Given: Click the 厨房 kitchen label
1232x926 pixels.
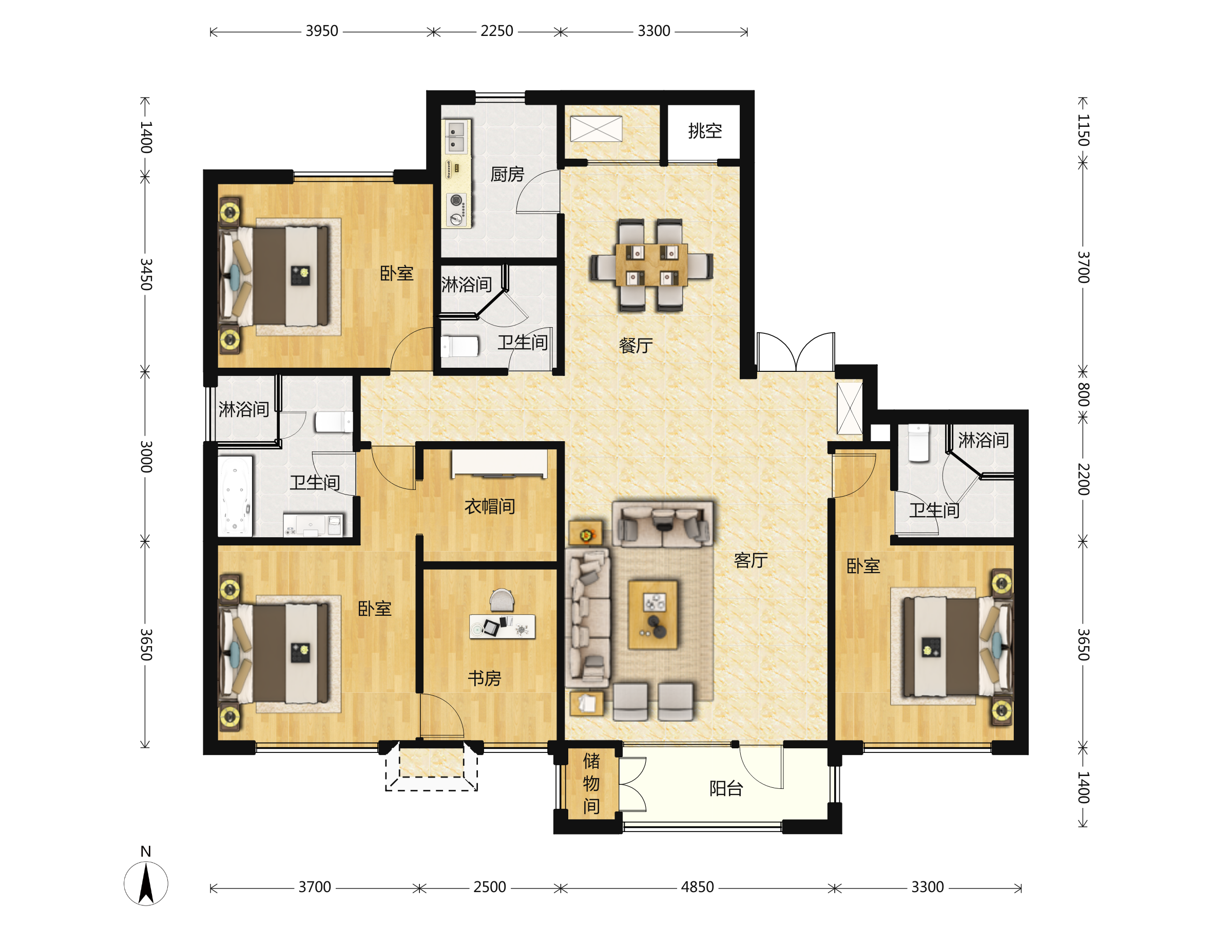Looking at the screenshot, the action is coord(507,175).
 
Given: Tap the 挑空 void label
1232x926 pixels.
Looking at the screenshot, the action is coord(705,131).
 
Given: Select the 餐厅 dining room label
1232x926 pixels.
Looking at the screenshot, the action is coord(636,346).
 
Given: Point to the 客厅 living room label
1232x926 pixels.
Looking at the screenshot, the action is coord(751,560).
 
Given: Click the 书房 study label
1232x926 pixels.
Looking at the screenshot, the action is coord(484,678).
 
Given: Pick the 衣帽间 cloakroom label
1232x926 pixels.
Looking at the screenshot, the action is coord(490,506).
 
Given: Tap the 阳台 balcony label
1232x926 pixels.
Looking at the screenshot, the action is coord(726,788).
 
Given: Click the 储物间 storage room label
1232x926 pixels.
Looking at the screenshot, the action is coord(591,783).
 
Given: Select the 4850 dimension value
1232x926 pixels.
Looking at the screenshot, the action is coord(697,887).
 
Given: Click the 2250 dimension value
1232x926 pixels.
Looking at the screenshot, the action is coord(497,31).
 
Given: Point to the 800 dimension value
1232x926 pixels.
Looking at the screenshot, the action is coord(1083,394).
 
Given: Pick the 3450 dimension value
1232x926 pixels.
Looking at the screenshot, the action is coord(146,274).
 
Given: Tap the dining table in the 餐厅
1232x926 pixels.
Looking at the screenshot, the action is coord(651,264).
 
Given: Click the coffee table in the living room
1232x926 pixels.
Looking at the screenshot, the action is coord(653,615).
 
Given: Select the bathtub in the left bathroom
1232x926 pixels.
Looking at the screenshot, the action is coord(236,497).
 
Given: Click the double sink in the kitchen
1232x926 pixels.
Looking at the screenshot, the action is coord(456,137).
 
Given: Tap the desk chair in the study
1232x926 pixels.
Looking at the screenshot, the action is coord(502,600).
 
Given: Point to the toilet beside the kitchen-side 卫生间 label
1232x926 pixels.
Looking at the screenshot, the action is coord(460,347).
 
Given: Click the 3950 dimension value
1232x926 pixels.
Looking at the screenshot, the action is coord(322,31).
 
